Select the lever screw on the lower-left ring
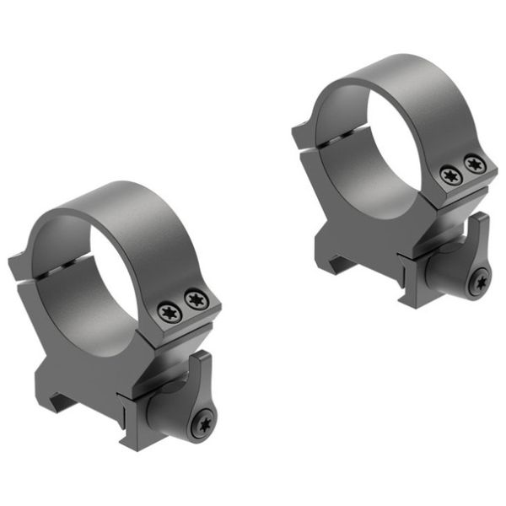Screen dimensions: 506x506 click(x=202, y=425)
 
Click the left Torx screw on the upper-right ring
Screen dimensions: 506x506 click(x=449, y=175)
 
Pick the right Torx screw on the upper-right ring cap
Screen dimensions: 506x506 click(x=475, y=164)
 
